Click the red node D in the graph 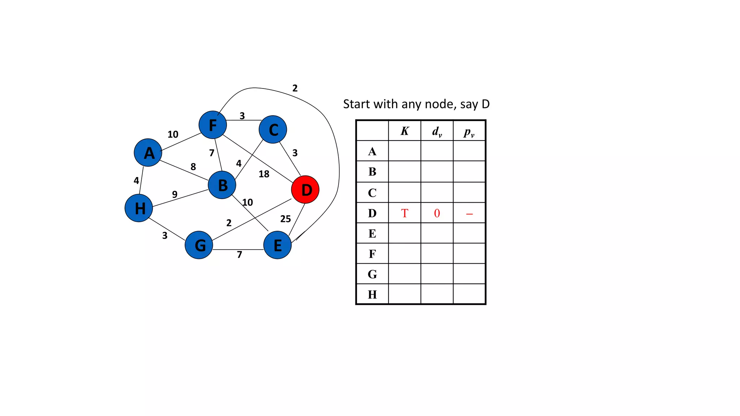coord(305,190)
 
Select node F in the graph coord(213,125)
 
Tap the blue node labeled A coord(148,153)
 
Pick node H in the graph coord(139,208)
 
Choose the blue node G coord(199,245)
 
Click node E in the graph coord(277,245)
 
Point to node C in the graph coord(273,130)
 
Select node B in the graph coord(222,185)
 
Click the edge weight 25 coord(285,219)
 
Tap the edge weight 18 coord(264,174)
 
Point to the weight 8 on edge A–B coord(193,167)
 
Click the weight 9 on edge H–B coord(175,194)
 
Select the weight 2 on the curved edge coord(295,88)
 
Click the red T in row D coord(405,213)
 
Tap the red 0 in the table coord(437,213)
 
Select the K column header coord(405,131)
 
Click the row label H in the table coord(372,295)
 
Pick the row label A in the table coord(372,151)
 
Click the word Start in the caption coord(357,104)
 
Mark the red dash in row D coord(469,214)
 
